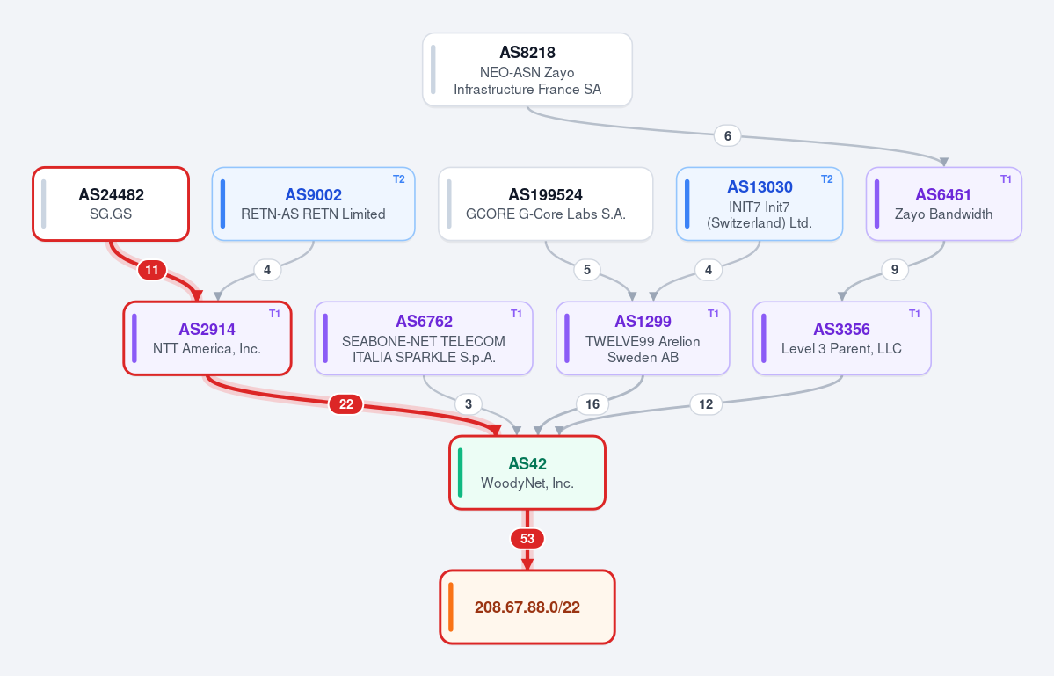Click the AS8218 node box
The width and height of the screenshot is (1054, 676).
[x=527, y=69]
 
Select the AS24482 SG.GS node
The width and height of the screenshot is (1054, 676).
[x=111, y=204]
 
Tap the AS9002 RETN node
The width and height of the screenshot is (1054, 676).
[x=313, y=204]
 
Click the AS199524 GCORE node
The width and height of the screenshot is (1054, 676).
[x=545, y=204]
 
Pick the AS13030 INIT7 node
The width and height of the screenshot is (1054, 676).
[x=760, y=204]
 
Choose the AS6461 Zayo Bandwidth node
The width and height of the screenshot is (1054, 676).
[x=944, y=204]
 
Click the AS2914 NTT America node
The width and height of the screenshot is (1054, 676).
[x=207, y=338]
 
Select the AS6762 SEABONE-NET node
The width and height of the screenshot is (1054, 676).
[x=424, y=338]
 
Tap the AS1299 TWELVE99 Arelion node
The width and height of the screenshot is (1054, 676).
[x=643, y=338]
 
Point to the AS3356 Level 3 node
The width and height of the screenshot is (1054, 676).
[x=841, y=338]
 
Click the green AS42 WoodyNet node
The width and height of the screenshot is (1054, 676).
[x=527, y=472]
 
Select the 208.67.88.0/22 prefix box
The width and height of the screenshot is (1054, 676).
[x=527, y=607]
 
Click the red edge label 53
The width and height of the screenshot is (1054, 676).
[x=527, y=538]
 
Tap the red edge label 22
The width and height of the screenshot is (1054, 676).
[x=345, y=403]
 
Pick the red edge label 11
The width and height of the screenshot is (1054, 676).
[x=152, y=270]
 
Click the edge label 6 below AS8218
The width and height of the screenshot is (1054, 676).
[x=727, y=135]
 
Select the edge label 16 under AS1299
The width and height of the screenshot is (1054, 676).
[x=592, y=403]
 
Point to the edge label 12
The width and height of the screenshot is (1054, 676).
[x=706, y=403]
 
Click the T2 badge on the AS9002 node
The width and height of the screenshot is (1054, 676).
[x=398, y=178]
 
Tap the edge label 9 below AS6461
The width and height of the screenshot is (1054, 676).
[x=895, y=270]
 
